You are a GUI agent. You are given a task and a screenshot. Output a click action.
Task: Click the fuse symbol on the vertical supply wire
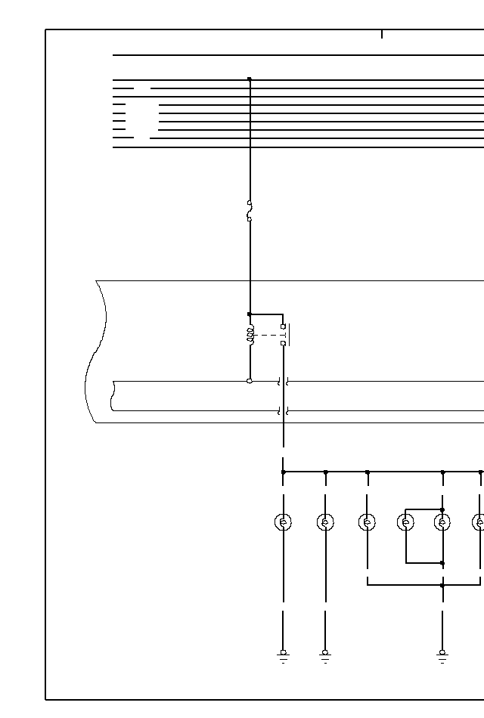(250, 211)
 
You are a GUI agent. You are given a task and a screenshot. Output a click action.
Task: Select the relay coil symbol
(250, 335)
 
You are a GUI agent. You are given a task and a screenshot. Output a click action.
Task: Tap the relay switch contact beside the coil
(284, 335)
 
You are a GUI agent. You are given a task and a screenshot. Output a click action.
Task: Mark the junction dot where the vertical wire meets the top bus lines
(250, 79)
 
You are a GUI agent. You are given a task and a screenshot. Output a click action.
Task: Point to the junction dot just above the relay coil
(250, 314)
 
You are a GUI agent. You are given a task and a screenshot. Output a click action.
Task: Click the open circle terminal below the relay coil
(250, 381)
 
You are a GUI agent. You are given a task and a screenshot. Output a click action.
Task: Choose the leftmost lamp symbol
(283, 521)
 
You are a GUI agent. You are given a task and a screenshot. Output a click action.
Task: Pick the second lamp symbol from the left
(325, 521)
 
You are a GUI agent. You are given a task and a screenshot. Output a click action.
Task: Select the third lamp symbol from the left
(367, 521)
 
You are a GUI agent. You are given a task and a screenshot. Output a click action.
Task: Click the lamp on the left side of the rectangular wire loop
(406, 521)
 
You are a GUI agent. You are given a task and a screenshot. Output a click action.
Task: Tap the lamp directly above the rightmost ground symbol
(442, 521)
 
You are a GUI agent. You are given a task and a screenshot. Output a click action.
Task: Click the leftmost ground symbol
(283, 655)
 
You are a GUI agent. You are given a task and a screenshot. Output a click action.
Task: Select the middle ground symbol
(325, 655)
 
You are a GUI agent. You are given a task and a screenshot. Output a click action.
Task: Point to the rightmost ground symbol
(442, 655)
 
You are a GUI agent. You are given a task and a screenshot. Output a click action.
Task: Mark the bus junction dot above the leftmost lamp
(283, 472)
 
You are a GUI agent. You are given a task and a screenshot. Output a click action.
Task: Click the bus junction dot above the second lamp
(325, 472)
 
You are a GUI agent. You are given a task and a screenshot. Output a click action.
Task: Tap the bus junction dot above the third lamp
(367, 472)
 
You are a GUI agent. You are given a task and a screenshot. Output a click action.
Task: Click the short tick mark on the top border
(382, 34)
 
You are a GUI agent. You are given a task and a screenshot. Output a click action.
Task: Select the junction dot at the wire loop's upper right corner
(442, 509)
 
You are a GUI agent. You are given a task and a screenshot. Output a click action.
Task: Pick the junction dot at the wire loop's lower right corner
(442, 563)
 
